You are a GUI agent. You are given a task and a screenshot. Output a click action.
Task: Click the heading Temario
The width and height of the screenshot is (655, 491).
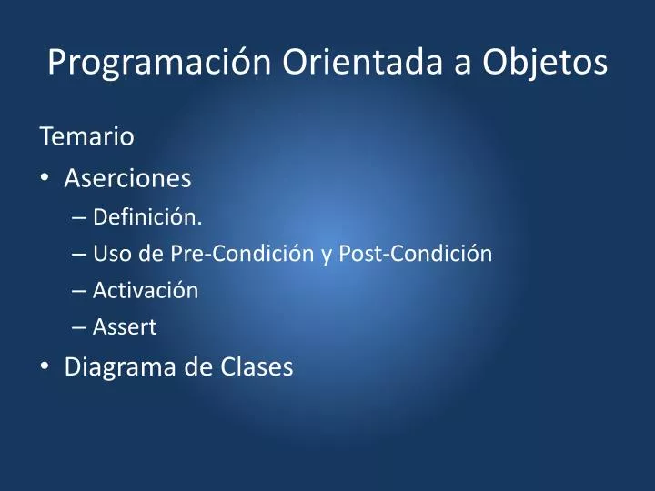[86, 137]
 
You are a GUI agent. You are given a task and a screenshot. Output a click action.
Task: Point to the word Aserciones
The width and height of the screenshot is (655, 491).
[127, 178]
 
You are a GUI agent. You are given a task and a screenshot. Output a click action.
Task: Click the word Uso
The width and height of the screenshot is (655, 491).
[110, 254]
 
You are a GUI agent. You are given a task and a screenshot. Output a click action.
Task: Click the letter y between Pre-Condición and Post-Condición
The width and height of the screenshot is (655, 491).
[327, 256]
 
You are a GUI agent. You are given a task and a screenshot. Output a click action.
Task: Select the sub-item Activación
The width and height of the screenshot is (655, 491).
[146, 290]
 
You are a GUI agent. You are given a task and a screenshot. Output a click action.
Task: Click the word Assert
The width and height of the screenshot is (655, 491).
[125, 327]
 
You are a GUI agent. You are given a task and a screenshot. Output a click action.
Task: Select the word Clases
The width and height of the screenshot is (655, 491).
[257, 367]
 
